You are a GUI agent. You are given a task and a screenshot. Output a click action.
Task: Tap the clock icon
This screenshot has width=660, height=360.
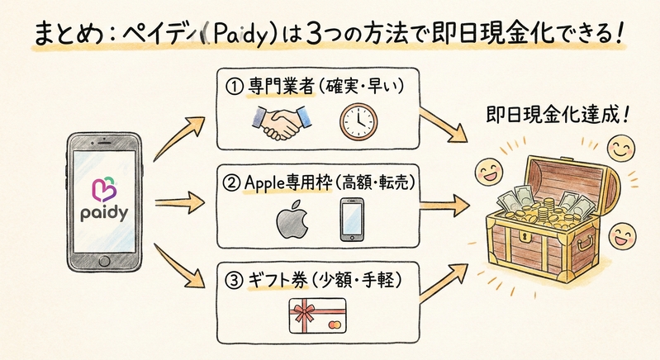[x=357, y=122]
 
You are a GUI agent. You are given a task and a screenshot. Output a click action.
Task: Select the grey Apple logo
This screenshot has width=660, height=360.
[x=288, y=219]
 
